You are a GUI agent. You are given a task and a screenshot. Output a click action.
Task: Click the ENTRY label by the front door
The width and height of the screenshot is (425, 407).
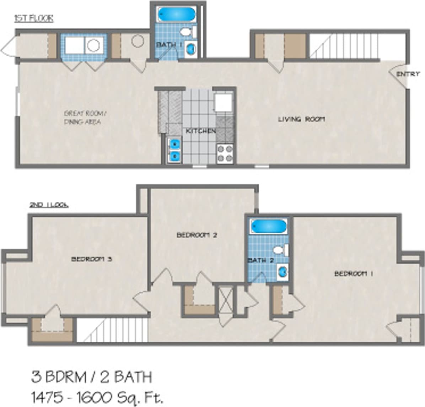pyautogui.click(x=408, y=74)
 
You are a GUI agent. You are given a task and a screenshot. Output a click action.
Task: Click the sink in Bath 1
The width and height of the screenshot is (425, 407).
pyautogui.click(x=191, y=49)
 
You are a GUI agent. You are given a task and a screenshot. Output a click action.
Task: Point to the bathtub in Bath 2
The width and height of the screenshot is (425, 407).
pyautogui.click(x=268, y=227)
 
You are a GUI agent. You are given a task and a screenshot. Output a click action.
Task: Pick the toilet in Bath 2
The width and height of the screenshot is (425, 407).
pyautogui.click(x=282, y=250)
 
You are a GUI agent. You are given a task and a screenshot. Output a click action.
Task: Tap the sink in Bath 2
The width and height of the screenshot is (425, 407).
pyautogui.click(x=283, y=272)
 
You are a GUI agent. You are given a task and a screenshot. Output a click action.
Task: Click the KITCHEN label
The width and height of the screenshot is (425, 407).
pyautogui.click(x=201, y=131)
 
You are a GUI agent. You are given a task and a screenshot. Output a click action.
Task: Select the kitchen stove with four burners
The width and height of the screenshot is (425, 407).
pyautogui.click(x=225, y=153)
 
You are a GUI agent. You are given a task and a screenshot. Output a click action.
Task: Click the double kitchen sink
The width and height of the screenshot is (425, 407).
pyautogui.click(x=174, y=150)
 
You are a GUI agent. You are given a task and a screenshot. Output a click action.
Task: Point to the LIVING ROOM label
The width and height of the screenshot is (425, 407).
pyautogui.click(x=301, y=119)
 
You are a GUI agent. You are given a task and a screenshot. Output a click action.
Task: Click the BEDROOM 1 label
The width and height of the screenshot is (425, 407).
pyautogui.click(x=353, y=273)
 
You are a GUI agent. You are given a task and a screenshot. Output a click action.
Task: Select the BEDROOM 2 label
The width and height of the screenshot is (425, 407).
pyautogui.click(x=197, y=235)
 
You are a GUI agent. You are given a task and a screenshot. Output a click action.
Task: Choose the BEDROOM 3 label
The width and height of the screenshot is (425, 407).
pyautogui.click(x=91, y=259)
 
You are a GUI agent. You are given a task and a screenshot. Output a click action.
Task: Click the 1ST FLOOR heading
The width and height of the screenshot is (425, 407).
pyautogui.click(x=34, y=18)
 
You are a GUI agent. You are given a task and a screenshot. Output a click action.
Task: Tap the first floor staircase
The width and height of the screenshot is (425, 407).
pyautogui.click(x=344, y=46)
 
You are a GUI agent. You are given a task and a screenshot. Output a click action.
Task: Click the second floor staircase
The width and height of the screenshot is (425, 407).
pyautogui.click(x=112, y=330)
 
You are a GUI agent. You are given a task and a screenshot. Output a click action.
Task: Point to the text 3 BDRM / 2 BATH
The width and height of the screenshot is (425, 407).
pyautogui.click(x=92, y=377)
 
